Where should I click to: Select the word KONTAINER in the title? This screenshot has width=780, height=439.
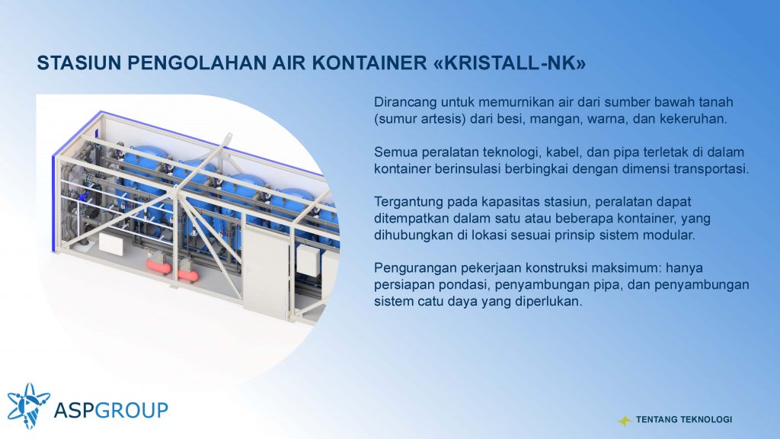(369, 63)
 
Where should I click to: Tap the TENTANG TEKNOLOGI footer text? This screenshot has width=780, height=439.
(684, 420)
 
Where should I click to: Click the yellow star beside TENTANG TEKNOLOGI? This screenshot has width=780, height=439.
(625, 421)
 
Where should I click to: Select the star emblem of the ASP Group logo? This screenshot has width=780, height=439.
(28, 405)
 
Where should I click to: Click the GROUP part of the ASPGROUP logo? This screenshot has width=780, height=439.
(131, 410)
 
